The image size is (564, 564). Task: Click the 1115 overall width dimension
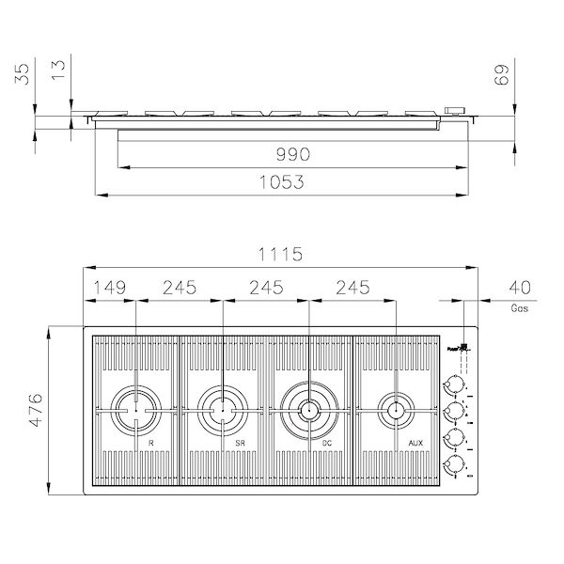pyautogui.click(x=279, y=254)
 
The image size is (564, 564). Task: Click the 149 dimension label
pyautogui.click(x=110, y=288)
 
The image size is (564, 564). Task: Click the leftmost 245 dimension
pyautogui.click(x=179, y=288)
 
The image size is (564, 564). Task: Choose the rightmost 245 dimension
pyautogui.click(x=351, y=288)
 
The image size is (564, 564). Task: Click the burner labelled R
pyautogui.click(x=136, y=408)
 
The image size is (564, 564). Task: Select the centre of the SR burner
pyautogui.click(x=222, y=408)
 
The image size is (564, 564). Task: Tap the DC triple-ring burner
pyautogui.click(x=307, y=408)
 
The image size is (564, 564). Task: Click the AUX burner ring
pyautogui.click(x=394, y=408)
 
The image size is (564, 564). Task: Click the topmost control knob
pyautogui.click(x=455, y=384)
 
